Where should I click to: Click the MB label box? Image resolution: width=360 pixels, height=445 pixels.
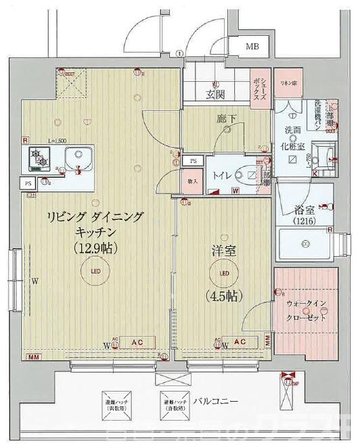(x=252, y=47)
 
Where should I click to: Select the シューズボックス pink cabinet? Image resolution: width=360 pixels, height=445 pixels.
(x=261, y=89)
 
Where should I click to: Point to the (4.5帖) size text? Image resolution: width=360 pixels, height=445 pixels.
(x=223, y=296)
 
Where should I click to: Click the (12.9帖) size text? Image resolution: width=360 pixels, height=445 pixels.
(x=95, y=248)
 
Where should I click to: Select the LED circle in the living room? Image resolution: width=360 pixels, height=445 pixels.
(x=94, y=273)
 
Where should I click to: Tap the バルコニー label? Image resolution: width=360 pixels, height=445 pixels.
(x=215, y=401)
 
